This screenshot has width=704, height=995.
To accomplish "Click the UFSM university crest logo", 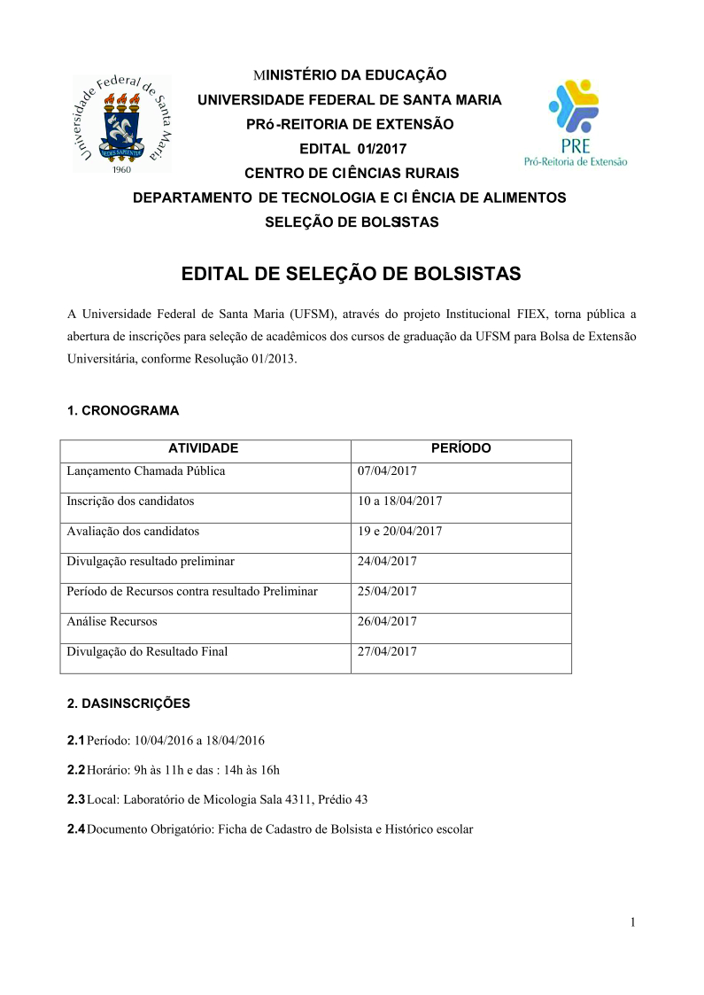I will click(122, 122).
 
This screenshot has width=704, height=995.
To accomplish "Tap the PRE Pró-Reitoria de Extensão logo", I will click(575, 124).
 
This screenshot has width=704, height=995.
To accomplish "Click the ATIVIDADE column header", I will click(204, 448).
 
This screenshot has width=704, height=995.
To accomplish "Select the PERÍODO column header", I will click(460, 448).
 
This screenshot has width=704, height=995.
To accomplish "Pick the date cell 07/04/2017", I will click(387, 471).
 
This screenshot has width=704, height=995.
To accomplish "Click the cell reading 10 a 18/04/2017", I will click(400, 501).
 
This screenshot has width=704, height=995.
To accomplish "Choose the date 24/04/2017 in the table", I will click(387, 562).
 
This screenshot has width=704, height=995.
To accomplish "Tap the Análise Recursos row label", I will click(112, 622).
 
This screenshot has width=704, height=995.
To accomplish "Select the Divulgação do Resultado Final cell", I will click(147, 652).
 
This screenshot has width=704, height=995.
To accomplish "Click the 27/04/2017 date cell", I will click(387, 652).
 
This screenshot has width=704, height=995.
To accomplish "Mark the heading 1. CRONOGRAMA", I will click(123, 410).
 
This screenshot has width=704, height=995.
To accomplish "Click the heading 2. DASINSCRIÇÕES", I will click(128, 703).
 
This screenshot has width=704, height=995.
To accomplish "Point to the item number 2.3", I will click(76, 799).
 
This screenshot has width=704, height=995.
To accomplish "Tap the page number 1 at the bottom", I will click(633, 922).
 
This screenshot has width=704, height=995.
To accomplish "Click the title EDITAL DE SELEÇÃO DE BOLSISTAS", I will click(351, 273).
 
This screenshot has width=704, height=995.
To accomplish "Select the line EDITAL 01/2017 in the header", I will click(353, 149).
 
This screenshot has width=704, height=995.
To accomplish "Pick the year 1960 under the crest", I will click(120, 169).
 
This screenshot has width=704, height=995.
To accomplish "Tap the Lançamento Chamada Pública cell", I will click(146, 471).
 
